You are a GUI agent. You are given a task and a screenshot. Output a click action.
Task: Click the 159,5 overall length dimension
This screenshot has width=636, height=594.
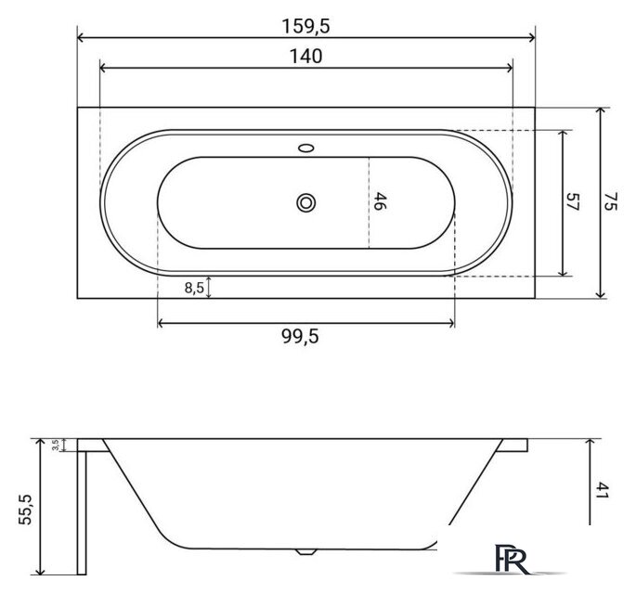(x=305, y=27)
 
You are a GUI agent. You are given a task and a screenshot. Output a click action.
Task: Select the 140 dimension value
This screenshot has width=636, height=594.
(x=305, y=57)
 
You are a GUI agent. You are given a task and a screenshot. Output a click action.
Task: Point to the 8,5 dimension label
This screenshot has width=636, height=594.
(x=194, y=288)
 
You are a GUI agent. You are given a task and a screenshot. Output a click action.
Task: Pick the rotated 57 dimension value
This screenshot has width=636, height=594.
(x=572, y=202)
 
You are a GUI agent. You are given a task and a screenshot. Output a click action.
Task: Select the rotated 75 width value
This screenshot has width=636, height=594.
(x=610, y=202)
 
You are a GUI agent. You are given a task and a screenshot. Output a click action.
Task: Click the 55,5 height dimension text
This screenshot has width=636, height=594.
(x=26, y=510)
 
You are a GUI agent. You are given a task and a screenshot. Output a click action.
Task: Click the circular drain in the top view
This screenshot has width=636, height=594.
(x=305, y=202)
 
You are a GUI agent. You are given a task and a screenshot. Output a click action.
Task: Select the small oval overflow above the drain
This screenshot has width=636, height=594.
(x=305, y=147)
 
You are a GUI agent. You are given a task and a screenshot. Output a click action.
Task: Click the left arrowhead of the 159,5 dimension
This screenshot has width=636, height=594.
(x=81, y=38)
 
